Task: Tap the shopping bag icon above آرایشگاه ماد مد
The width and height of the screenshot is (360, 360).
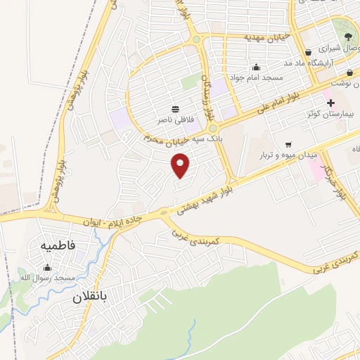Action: (308, 52)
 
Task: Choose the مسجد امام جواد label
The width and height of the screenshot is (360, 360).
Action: (257, 77)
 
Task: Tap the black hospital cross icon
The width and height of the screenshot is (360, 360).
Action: (330, 103)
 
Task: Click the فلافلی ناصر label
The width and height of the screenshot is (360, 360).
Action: (176, 120)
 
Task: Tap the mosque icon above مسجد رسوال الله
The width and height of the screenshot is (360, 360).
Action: (47, 267)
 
